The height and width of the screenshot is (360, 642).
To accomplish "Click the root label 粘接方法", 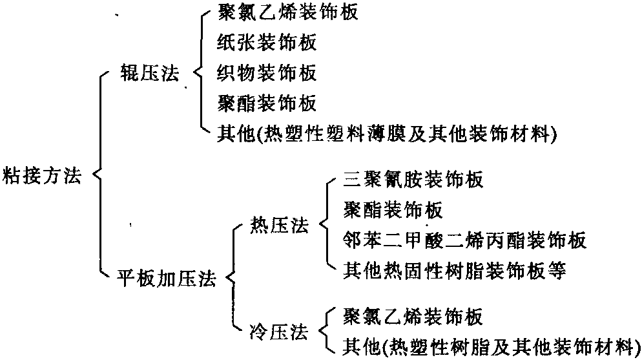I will point(43,175).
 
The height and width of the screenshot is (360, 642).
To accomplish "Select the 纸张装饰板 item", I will point(267,43).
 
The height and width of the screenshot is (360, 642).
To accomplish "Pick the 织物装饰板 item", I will point(267,73).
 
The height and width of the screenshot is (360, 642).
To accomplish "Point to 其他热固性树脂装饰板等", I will point(455,271).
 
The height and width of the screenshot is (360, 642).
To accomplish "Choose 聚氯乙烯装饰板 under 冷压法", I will point(412,317).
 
